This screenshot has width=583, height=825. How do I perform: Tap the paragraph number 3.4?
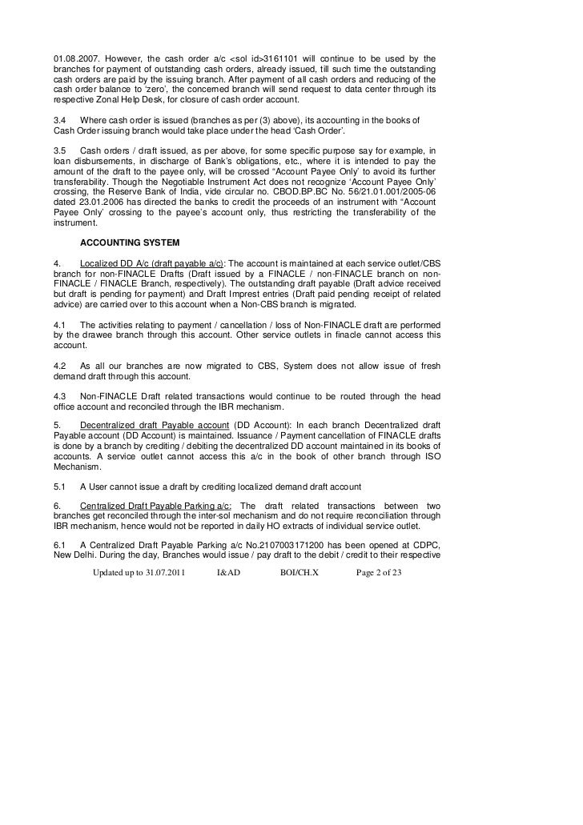point(61,119)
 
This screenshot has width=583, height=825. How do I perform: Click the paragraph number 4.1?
point(61,324)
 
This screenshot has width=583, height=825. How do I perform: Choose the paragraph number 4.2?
point(61,365)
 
